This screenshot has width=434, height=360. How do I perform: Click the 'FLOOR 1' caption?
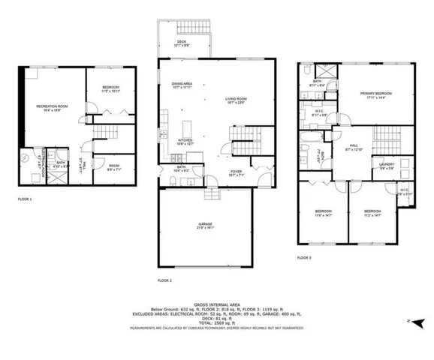coord(27,199)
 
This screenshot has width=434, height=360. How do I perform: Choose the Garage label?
coord(203,226)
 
